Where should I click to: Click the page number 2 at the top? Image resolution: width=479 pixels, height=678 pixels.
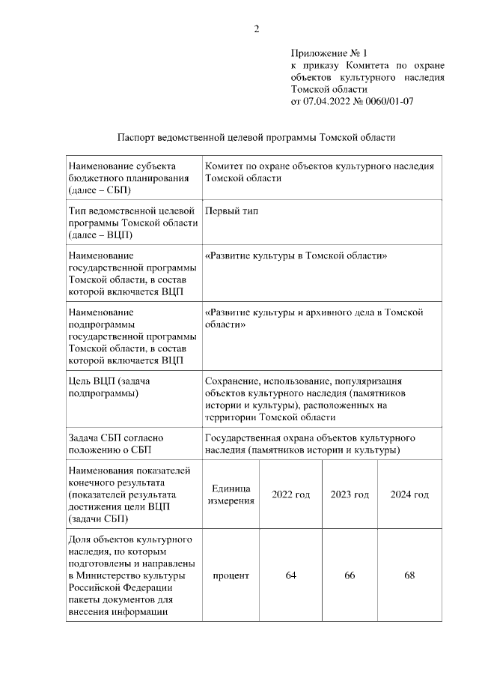click(x=257, y=29)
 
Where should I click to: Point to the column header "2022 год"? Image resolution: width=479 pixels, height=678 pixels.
click(x=290, y=495)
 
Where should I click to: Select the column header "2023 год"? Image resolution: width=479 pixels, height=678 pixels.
click(x=350, y=495)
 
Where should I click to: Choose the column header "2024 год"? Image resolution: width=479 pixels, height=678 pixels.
click(x=409, y=495)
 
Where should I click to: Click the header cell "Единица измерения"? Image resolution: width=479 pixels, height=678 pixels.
click(x=231, y=495)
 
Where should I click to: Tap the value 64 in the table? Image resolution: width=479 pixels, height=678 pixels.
click(x=290, y=575)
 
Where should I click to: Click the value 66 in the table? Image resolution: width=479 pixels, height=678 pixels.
click(x=350, y=575)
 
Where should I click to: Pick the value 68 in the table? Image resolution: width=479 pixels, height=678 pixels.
click(x=409, y=575)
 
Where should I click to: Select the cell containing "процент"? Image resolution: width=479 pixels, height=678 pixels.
click(x=231, y=575)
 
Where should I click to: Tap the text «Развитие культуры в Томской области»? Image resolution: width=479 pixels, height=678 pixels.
click(x=295, y=255)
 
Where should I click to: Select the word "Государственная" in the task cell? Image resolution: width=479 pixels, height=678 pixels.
click(x=242, y=438)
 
